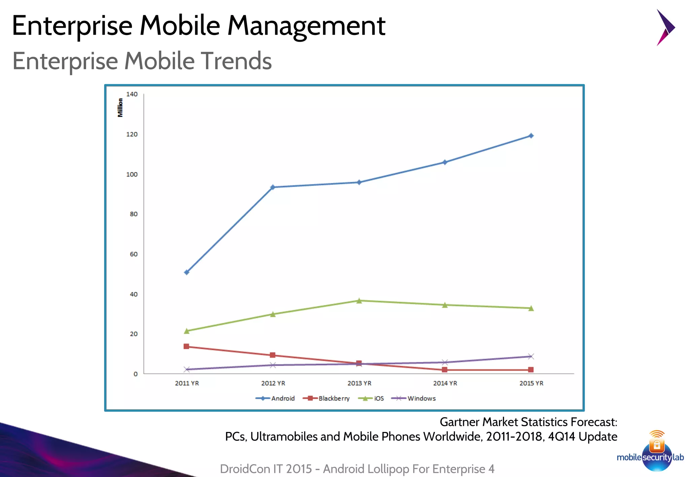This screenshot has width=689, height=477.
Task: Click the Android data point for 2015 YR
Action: tap(531, 136)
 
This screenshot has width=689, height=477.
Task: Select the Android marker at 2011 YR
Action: tap(187, 272)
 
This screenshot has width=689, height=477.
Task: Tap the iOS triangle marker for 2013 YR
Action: tap(359, 300)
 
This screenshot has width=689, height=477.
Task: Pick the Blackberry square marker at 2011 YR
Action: tap(186, 346)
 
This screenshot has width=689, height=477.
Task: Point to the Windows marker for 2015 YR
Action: tap(531, 356)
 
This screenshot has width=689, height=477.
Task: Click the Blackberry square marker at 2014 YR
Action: tap(445, 370)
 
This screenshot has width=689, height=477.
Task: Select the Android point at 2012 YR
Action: tap(273, 187)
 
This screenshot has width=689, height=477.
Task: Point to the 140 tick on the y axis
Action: tap(132, 94)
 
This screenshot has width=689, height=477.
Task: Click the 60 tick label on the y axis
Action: tap(134, 254)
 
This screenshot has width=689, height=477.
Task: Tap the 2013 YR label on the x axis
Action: tap(359, 383)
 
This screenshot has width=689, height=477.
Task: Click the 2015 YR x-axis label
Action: tap(531, 383)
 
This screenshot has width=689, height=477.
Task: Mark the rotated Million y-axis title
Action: tap(120, 108)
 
